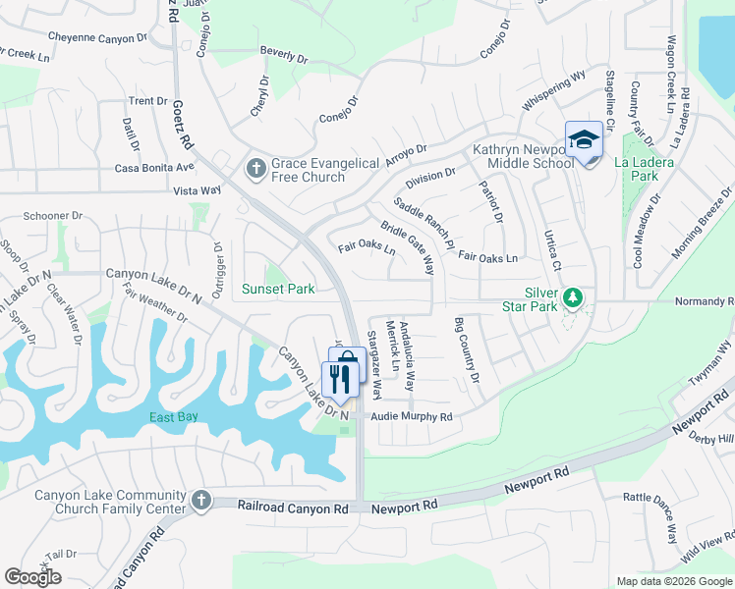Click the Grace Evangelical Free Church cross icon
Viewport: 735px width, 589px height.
(x=256, y=169)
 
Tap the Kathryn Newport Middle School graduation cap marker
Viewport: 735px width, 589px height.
(x=583, y=140)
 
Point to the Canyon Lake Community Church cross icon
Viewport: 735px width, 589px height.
(x=201, y=501)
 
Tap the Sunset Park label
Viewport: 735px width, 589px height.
(x=279, y=289)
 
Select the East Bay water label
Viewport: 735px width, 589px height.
(x=174, y=417)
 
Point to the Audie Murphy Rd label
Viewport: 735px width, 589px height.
(x=411, y=417)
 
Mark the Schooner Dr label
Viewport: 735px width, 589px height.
(x=53, y=216)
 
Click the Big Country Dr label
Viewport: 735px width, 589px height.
(x=467, y=350)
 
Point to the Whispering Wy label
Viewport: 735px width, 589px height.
(x=554, y=88)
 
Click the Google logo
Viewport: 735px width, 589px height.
(x=32, y=577)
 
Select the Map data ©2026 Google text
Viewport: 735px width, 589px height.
(x=673, y=581)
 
